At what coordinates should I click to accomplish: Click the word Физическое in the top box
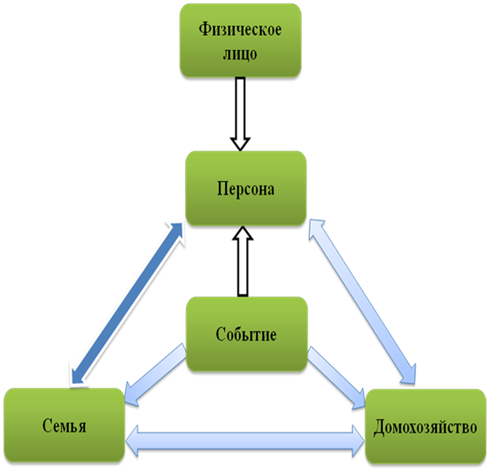240,30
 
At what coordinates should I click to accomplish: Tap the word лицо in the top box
240,54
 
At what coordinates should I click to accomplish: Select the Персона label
245,189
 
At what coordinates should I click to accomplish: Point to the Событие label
246,334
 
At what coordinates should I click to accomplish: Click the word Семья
64,426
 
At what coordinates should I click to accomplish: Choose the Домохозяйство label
425,427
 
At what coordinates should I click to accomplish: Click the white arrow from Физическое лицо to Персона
240,114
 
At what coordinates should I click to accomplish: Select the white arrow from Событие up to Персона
242,261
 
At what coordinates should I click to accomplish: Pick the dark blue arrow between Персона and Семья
127,303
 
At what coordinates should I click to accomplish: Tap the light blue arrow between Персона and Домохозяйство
363,301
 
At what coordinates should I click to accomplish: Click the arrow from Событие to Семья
155,375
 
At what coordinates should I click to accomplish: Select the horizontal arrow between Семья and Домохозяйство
245,440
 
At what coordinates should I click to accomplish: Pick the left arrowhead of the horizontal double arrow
132,440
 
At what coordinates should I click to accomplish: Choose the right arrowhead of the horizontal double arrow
358,440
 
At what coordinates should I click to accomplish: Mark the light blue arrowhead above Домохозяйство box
409,374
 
